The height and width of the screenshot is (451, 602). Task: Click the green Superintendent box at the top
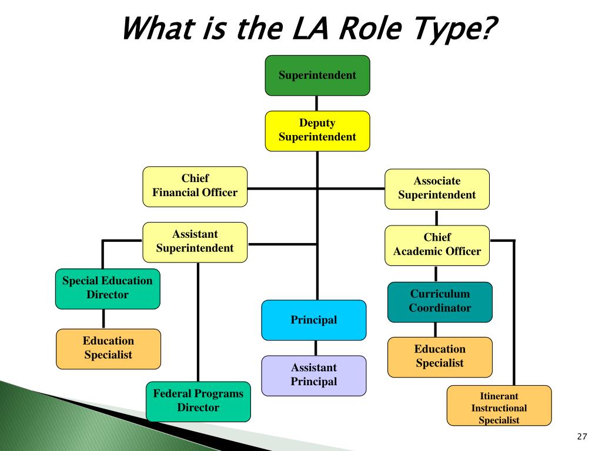(317, 75)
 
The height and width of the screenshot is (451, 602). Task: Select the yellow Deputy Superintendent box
(317, 130)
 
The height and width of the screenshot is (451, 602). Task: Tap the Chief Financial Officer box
(195, 186)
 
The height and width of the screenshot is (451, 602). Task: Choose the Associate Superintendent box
(437, 189)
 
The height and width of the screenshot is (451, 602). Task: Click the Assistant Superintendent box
(195, 242)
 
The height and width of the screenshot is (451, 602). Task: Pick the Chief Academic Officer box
(437, 245)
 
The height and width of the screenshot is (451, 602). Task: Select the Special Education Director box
(108, 288)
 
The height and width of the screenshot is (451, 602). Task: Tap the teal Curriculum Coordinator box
(440, 302)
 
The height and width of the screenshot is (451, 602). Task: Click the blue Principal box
(314, 320)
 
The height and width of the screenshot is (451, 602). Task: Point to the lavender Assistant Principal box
(314, 375)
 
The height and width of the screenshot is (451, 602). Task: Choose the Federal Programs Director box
(198, 401)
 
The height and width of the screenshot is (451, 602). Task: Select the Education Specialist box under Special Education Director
(108, 348)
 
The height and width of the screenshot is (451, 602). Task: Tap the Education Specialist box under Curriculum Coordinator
(440, 356)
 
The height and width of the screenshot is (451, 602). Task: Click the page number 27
(583, 436)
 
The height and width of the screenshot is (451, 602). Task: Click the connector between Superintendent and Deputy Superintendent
(317, 103)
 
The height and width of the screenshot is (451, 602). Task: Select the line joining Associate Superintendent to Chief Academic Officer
(436, 217)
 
